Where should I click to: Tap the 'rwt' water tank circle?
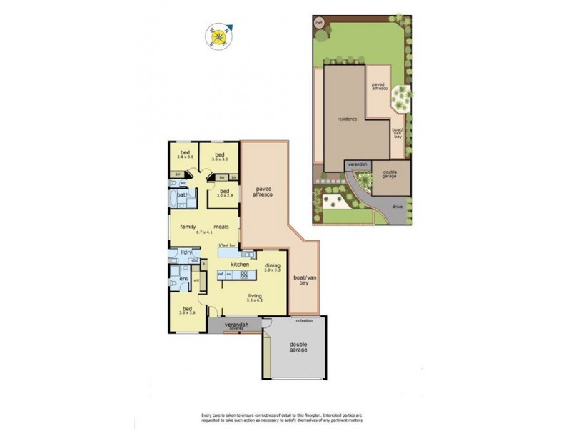point(318,22)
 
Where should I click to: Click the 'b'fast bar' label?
point(227,246)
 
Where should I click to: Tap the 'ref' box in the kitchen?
point(221,274)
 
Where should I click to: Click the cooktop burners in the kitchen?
point(248,255)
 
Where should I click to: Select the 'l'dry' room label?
point(187,252)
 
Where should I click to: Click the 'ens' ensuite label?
point(183,278)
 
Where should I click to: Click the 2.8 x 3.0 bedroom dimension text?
point(186,156)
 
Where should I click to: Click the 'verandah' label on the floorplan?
point(236,325)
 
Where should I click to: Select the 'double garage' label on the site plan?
point(390,174)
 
